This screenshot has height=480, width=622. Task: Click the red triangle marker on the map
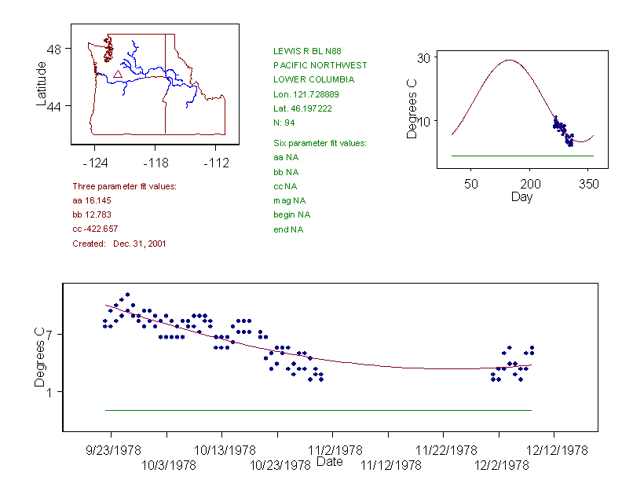pos(118,74)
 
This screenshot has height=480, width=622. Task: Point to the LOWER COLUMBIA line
pos(313,79)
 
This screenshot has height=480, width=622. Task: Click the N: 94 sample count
pos(284,123)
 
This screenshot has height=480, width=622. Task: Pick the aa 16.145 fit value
pos(93,200)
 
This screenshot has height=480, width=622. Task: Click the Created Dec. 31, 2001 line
pos(119,244)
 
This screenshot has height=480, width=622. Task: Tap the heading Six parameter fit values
pos(320,143)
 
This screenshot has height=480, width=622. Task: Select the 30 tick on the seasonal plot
pos(423,57)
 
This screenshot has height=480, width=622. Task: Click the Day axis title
pos(521,196)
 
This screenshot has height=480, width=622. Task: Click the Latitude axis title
pos(42,83)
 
